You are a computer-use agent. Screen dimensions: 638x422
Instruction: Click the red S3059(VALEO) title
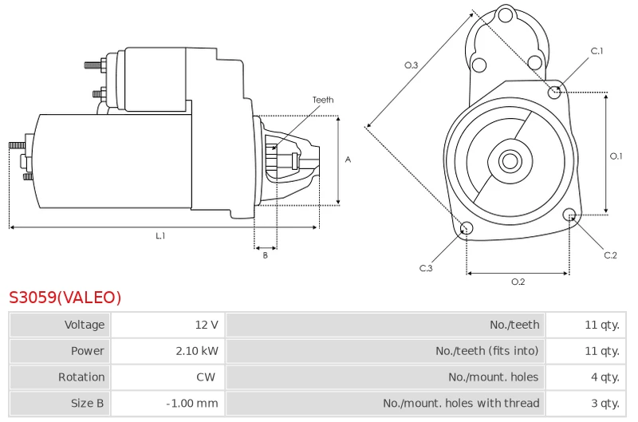[65, 297]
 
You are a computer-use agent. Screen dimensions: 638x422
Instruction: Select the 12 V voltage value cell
[207, 325]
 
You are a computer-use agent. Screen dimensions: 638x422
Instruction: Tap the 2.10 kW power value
[197, 351]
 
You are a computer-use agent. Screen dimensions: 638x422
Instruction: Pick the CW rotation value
[206, 377]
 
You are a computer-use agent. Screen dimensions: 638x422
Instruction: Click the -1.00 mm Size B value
[192, 404]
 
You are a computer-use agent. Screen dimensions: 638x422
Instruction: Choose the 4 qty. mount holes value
[605, 377]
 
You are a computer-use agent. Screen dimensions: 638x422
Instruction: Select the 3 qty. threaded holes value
[605, 404]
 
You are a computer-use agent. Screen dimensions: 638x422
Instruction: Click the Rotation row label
[81, 377]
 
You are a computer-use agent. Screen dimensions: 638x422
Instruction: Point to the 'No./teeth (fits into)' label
[487, 351]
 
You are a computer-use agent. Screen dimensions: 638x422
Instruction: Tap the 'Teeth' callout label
[323, 100]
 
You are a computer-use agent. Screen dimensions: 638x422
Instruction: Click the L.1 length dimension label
[161, 235]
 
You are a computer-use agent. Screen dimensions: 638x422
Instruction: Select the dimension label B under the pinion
[266, 255]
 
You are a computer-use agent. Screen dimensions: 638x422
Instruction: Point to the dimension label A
[348, 160]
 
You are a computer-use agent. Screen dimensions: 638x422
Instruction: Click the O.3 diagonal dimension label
[411, 65]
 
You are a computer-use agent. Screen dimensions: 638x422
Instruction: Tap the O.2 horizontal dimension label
[518, 282]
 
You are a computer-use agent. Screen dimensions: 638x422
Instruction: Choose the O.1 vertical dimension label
[616, 156]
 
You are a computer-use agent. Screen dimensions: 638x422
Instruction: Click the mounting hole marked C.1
[554, 93]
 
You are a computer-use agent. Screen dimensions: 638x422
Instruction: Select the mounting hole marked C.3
[467, 228]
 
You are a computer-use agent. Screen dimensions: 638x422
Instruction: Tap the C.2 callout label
[610, 255]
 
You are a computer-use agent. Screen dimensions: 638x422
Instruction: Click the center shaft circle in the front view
[510, 161]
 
